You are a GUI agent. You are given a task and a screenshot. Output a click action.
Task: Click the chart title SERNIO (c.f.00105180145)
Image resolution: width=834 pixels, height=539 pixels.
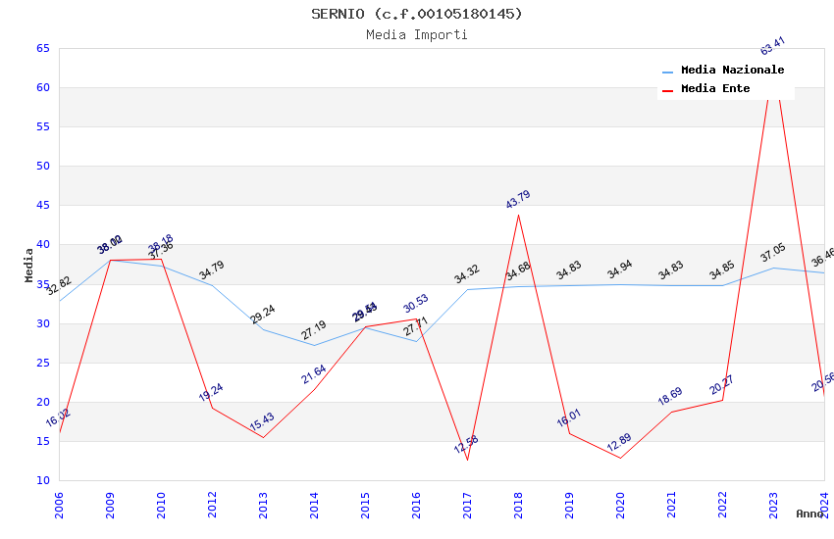[417, 14]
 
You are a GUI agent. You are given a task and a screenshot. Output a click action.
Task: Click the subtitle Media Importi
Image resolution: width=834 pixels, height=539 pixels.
[417, 34]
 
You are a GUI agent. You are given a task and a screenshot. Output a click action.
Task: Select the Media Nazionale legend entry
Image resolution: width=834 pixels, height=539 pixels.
[732, 71]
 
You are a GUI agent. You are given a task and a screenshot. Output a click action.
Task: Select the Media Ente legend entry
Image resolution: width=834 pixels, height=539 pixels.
[715, 89]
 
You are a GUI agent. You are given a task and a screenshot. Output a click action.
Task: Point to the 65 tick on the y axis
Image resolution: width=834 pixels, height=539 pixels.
[41, 48]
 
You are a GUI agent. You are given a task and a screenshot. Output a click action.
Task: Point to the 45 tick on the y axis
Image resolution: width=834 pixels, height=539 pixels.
[41, 206]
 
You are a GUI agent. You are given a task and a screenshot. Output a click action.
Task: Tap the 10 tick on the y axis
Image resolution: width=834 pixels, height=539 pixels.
[41, 480]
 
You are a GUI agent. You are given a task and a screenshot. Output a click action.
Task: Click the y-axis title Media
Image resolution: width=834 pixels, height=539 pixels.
[29, 265]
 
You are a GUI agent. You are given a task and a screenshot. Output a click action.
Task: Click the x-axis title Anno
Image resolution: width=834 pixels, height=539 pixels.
[809, 514]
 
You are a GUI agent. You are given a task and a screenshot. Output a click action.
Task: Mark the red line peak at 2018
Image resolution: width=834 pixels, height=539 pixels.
[518, 215]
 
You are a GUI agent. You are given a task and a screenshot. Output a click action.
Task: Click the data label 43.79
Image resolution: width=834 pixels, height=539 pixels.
[518, 199]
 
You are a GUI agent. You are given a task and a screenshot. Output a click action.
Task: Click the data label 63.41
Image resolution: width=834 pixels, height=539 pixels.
[773, 46]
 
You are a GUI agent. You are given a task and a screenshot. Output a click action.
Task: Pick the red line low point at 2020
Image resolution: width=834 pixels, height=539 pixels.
[620, 458]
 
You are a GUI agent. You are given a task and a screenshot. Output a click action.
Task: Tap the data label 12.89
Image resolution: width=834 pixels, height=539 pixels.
[620, 442]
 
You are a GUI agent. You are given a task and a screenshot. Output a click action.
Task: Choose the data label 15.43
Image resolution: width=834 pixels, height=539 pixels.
[262, 422]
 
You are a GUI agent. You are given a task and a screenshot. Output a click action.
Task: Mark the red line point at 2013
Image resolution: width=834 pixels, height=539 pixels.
[263, 437]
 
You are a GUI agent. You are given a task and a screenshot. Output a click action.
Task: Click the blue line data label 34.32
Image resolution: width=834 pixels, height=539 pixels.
[467, 273]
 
